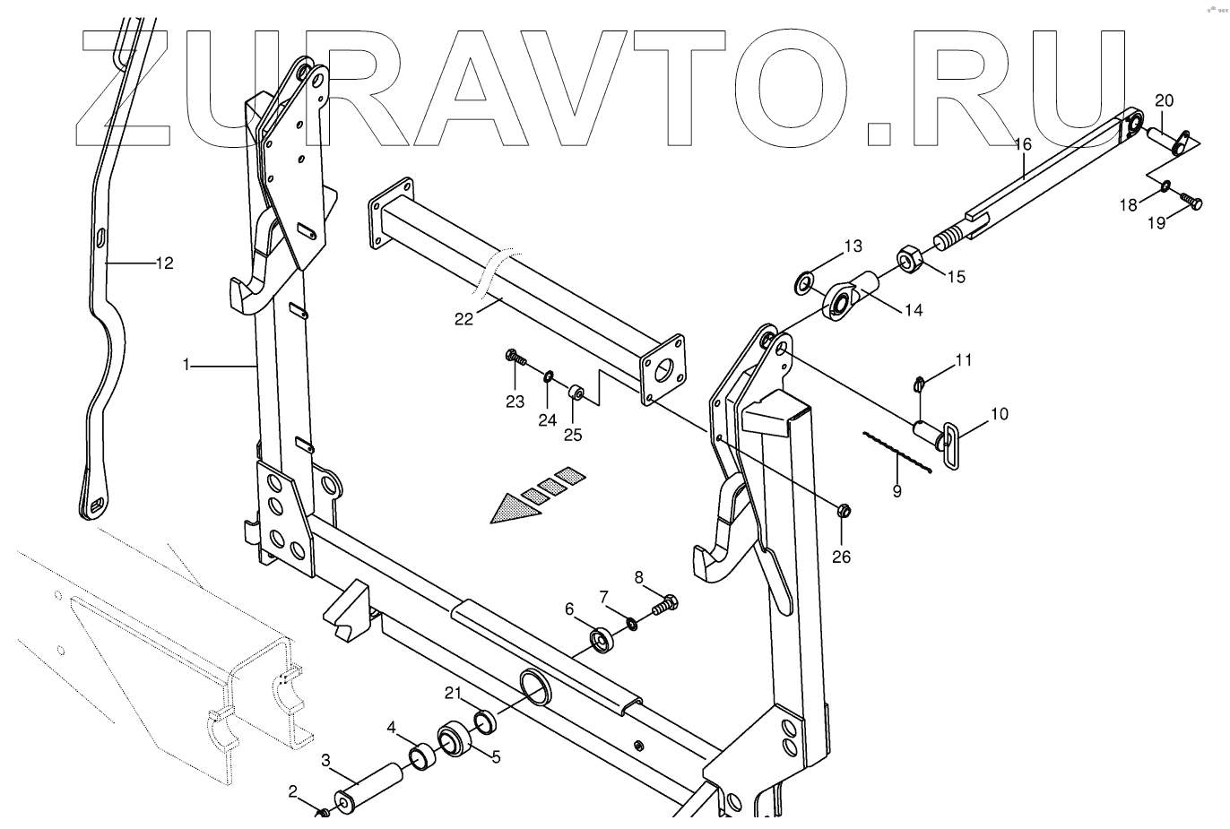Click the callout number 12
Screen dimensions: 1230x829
pos(164,263)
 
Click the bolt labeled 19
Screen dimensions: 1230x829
pos(1189,201)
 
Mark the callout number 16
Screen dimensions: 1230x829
pos(1023,144)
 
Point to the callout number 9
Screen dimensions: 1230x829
pos(897,490)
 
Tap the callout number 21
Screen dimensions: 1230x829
pos(453,693)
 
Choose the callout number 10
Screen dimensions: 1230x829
pos(999,413)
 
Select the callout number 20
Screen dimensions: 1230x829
pos(1163,99)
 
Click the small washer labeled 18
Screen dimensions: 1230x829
pos(1165,186)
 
